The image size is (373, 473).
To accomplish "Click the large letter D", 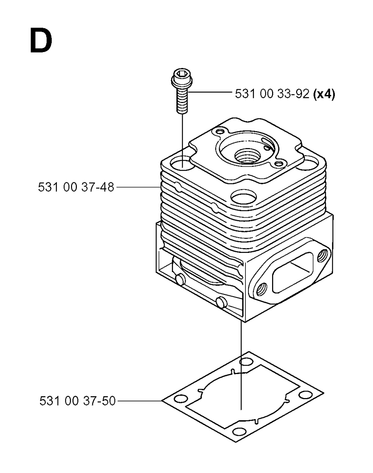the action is tap(41, 40).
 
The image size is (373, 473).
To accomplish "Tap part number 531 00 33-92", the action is tap(272, 94).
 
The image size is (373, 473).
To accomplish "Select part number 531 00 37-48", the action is tap(76, 187).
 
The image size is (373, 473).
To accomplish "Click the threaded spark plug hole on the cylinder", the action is tap(246, 155).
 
